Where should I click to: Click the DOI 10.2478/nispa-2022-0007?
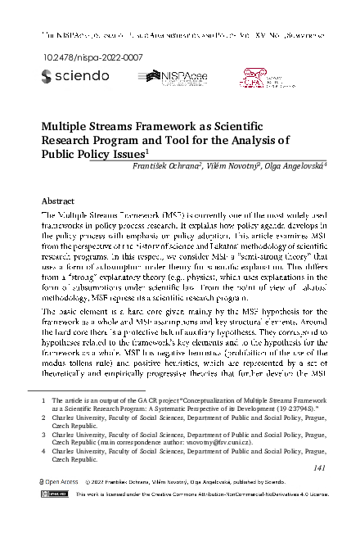79,57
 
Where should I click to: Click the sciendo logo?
74,76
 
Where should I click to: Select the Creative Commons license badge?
55,495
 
